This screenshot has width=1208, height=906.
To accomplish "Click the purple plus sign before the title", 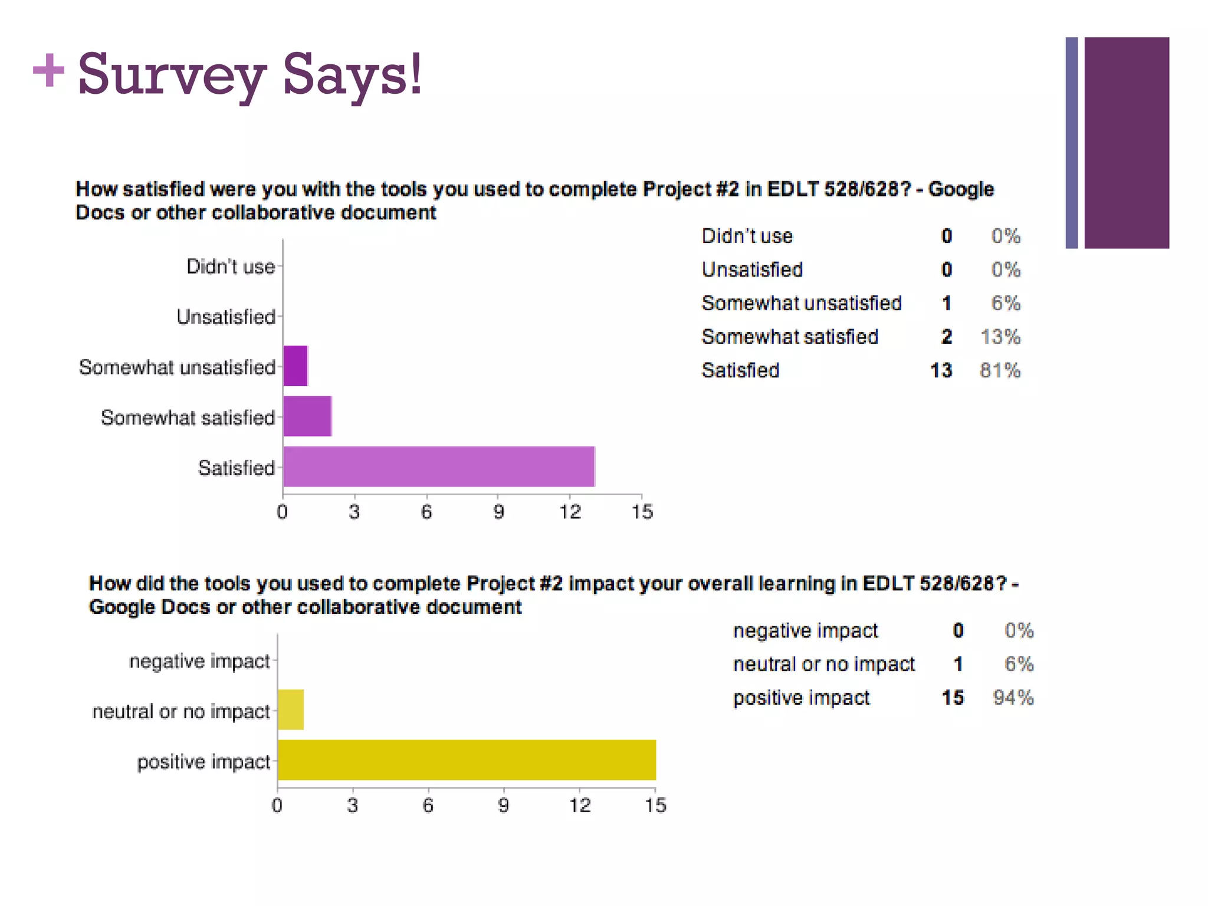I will [x=48, y=70].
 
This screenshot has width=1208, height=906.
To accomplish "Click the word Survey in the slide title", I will [x=171, y=75].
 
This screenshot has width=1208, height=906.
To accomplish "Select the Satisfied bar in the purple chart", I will [x=438, y=467].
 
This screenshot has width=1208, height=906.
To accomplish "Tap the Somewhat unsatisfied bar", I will [x=295, y=366].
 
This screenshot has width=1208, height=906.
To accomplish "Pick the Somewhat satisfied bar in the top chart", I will [x=307, y=416].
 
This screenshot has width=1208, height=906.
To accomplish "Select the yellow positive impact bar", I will [x=466, y=760].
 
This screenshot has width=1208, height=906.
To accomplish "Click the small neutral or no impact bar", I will [x=290, y=710].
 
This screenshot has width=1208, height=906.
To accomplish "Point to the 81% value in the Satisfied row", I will [x=1000, y=370].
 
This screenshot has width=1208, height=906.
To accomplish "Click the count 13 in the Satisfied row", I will [x=941, y=370].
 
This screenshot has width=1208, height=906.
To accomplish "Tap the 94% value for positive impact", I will [x=1013, y=698].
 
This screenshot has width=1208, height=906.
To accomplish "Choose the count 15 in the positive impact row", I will [x=953, y=698].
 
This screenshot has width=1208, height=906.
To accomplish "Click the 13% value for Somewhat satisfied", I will [x=1000, y=337].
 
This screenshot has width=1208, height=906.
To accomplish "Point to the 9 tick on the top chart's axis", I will [x=498, y=511].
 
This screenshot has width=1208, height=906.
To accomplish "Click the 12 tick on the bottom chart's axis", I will [x=579, y=805].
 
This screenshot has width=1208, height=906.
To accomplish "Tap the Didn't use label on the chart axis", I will [x=231, y=267].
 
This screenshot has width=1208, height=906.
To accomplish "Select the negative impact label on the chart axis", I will [x=199, y=661].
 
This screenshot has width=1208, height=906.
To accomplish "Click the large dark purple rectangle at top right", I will [x=1126, y=143].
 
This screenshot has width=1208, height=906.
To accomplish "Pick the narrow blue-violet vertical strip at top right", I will [x=1071, y=143].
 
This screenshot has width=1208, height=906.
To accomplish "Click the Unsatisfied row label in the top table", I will [x=752, y=270].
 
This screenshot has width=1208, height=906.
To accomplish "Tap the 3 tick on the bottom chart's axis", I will [x=352, y=805].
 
